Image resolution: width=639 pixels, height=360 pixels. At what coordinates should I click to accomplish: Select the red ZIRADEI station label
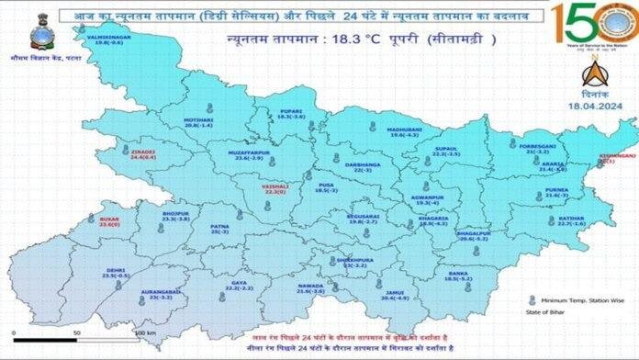[x=143, y=152]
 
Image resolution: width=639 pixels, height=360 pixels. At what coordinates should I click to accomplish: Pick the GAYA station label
[x=239, y=285]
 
